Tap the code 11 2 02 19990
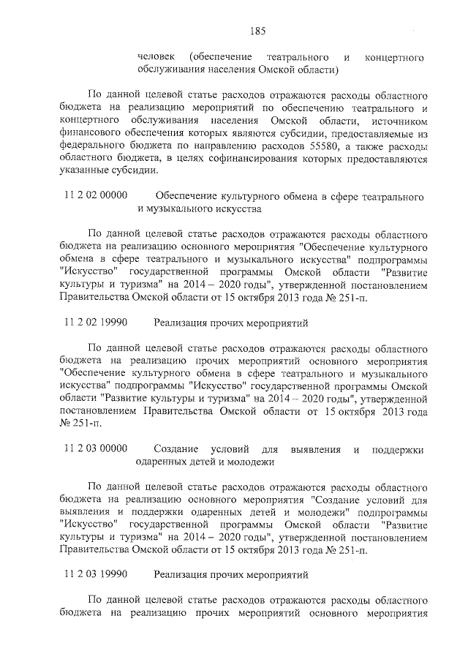[97, 322]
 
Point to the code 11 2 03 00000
[97, 448]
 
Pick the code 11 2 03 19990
[97, 575]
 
